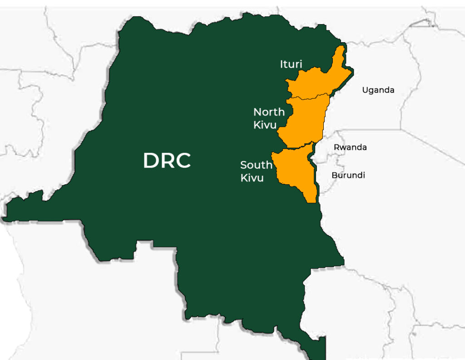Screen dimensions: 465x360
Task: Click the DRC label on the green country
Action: click(x=167, y=161)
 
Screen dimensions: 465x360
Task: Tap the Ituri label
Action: click(x=291, y=64)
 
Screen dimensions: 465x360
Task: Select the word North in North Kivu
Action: click(x=269, y=112)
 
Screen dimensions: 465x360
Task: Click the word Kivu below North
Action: click(x=265, y=125)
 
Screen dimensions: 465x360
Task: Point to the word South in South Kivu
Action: click(x=256, y=165)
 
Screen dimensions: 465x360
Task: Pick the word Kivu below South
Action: click(x=252, y=178)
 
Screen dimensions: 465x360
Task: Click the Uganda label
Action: click(x=378, y=90)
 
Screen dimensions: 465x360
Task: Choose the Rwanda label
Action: click(x=350, y=147)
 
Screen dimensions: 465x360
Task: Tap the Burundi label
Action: click(x=348, y=175)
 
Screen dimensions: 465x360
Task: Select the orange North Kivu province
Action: click(x=304, y=120)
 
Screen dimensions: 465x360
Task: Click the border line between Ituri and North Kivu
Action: click(x=309, y=97)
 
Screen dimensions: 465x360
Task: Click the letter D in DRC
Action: click(x=151, y=161)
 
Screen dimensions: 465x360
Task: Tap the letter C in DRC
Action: click(x=182, y=161)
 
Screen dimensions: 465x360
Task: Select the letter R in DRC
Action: click(x=167, y=161)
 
